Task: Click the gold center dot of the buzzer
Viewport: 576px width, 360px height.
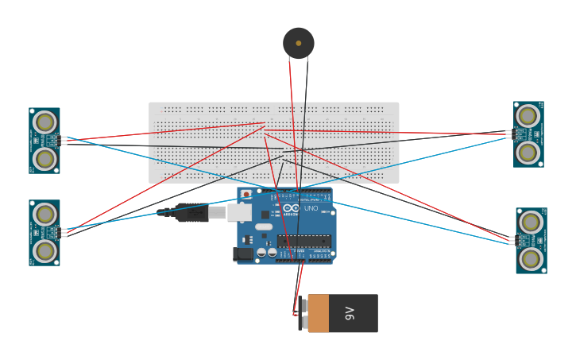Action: point(299,43)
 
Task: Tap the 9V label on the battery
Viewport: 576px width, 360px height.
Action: point(350,313)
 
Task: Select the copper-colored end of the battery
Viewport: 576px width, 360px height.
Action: point(318,313)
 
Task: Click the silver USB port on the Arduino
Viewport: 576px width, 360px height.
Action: point(239,212)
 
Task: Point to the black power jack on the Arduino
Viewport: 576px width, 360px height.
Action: point(243,254)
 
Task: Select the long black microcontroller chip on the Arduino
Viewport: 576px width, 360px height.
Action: point(304,241)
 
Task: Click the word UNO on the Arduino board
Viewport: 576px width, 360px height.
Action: point(311,208)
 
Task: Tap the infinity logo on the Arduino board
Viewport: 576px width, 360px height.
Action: point(291,208)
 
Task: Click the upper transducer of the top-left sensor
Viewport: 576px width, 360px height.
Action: point(44,122)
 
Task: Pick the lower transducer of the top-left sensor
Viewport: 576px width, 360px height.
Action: point(44,159)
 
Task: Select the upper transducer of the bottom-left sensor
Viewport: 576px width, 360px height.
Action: point(44,215)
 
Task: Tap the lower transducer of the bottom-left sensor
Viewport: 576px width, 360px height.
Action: point(44,251)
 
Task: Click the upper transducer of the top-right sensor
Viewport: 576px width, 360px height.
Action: point(528,116)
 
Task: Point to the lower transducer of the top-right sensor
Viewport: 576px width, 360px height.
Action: point(528,152)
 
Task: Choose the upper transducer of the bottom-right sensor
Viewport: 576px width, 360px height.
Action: point(531,223)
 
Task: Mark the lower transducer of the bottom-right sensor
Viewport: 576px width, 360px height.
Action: point(531,259)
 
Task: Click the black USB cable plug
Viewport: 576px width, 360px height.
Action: point(191,212)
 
